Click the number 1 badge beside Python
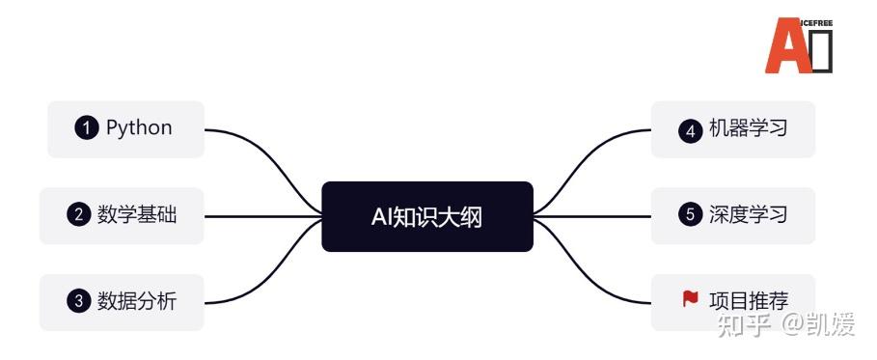[x=87, y=128]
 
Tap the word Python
[x=139, y=128]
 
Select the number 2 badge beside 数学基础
[x=78, y=215]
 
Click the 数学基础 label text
[x=137, y=215]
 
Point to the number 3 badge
[x=78, y=301]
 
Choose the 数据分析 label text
[x=137, y=301]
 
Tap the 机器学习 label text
[x=748, y=128]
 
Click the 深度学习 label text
[x=748, y=215]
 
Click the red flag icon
[x=690, y=299]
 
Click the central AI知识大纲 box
[x=426, y=216]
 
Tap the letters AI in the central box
[x=383, y=216]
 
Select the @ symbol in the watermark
[x=793, y=325]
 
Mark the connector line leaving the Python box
[x=251, y=140]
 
